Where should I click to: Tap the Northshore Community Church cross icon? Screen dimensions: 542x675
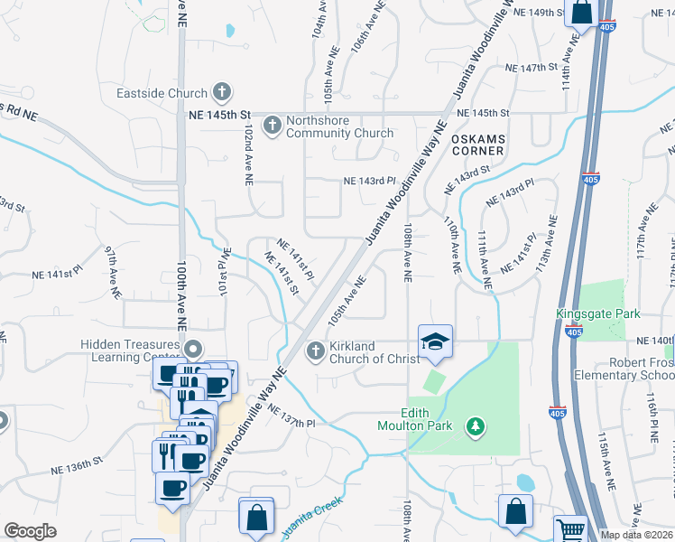(273, 126)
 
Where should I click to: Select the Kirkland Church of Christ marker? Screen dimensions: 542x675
(316, 350)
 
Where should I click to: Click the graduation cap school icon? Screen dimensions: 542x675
(434, 341)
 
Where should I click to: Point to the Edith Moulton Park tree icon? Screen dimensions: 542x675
(475, 425)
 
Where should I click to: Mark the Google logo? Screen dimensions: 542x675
(31, 531)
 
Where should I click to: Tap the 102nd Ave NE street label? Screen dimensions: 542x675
(246, 156)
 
